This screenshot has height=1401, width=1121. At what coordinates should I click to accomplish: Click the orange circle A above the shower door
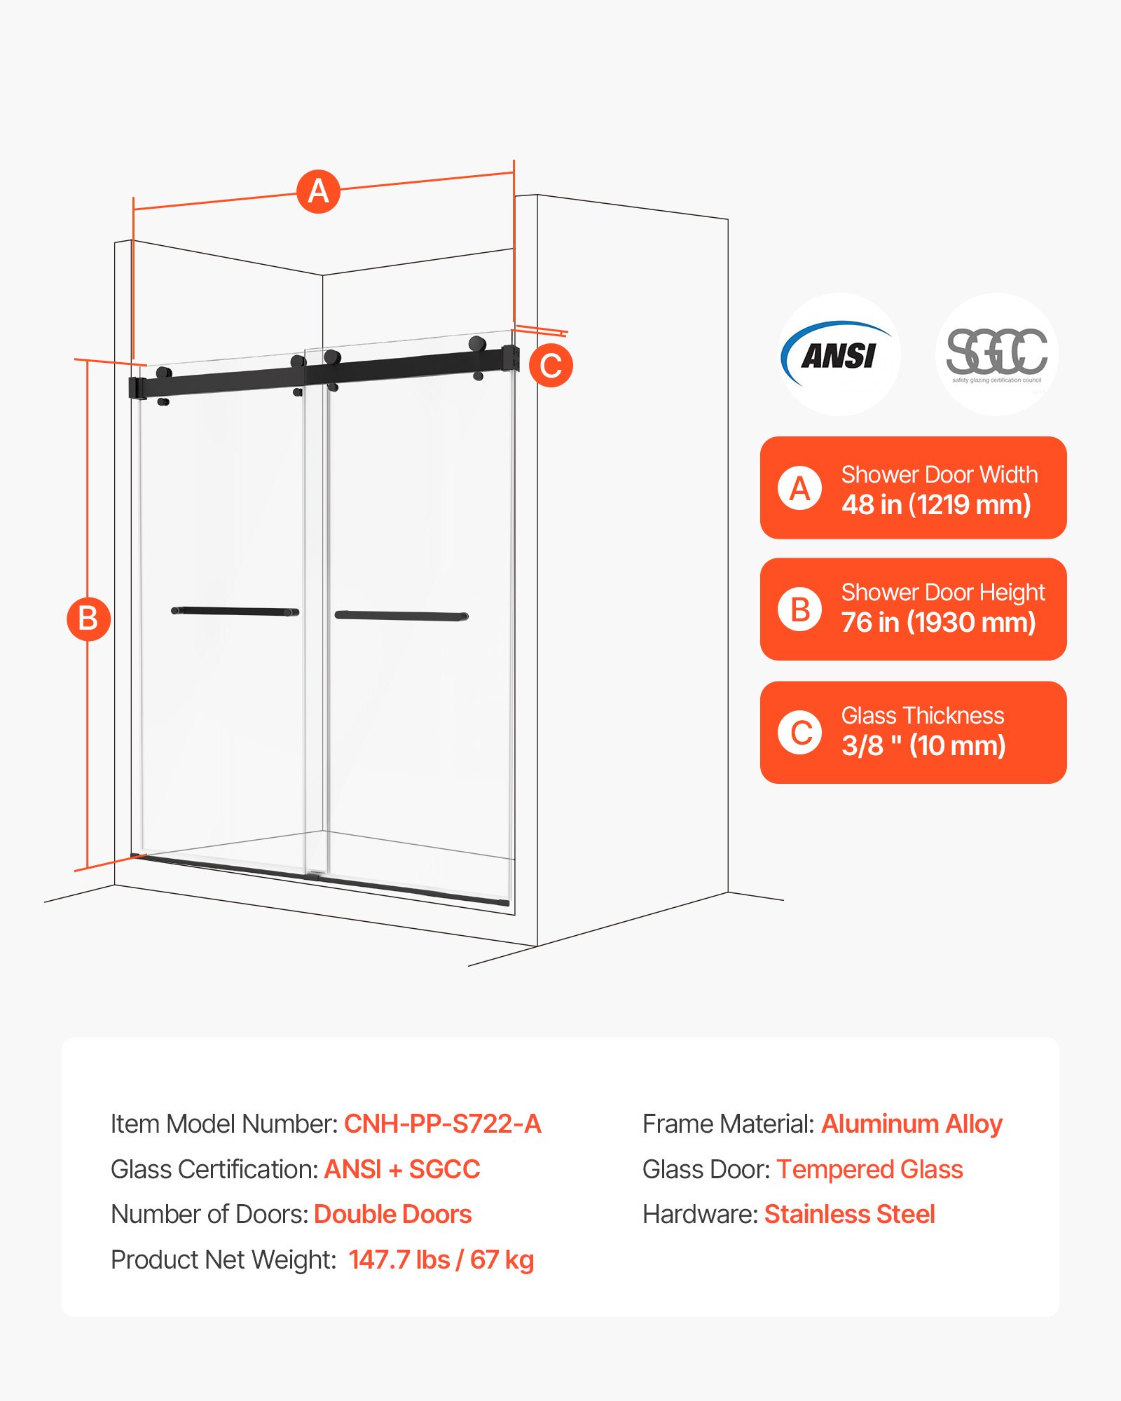318,191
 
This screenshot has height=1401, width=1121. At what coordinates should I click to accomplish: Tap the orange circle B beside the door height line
88,619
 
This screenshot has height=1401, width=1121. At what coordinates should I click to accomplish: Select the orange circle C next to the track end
551,366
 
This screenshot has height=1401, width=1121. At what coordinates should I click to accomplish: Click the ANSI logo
839,354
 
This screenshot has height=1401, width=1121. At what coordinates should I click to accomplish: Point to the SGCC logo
996,354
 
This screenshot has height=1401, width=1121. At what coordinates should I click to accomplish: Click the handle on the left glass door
235,612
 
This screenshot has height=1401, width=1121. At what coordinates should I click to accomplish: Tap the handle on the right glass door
401,616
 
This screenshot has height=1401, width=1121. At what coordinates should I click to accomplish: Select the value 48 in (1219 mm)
936,504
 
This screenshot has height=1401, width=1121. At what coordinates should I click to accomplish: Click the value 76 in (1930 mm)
938,622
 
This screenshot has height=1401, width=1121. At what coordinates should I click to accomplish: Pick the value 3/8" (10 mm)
923,745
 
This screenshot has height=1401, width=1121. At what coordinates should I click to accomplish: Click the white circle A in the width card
799,488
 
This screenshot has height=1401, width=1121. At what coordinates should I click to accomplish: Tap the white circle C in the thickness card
799,733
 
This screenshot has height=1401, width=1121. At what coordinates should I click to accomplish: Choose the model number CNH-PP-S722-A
442,1124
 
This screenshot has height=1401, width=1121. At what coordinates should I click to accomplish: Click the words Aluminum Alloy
912,1124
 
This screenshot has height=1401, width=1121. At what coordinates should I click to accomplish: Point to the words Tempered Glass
869,1169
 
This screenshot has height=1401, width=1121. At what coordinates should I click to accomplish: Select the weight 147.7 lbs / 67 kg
441,1259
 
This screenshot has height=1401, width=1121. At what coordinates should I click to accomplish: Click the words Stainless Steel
849,1214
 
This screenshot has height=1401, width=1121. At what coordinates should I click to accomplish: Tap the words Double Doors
392,1214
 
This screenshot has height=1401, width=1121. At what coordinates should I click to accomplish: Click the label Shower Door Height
942,593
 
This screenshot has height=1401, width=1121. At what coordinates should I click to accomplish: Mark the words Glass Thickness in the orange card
922,715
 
